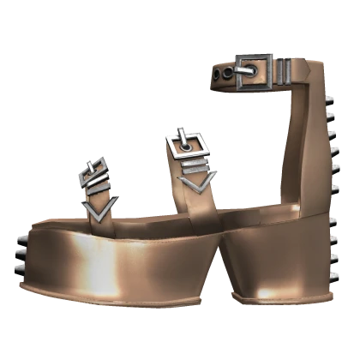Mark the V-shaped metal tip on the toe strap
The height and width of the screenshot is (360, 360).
[x=98, y=211]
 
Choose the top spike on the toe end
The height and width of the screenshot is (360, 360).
[x=21, y=232]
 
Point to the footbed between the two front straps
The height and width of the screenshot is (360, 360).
[x=141, y=219]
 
